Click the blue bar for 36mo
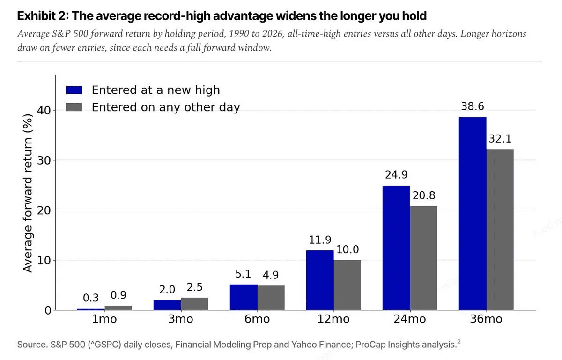pos(473,213)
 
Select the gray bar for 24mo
pos(423,258)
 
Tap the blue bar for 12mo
pos(320,280)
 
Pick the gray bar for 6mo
pos(271,298)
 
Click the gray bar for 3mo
pos(195,304)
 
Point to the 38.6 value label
pos(473,106)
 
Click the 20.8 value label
pos(424,195)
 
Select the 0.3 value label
pos(91,298)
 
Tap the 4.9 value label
pos(271,275)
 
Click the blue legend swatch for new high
pos(74,90)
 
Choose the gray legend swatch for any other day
pos(74,107)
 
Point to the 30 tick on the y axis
pos(44,160)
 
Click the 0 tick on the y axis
pos(48,310)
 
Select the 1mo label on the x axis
pos(104,319)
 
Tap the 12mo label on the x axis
pos(333,319)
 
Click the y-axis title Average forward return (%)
pos(28,193)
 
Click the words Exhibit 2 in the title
pos(43,16)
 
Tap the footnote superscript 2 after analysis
pos(459,342)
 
